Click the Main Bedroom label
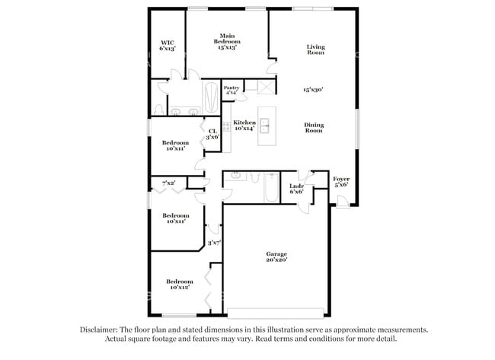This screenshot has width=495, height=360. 227,41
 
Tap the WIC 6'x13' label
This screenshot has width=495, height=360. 168,45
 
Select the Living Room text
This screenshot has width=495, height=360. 315,49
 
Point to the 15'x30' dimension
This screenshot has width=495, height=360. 314,89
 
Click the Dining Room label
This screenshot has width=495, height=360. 314,128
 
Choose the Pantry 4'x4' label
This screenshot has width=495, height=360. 232,90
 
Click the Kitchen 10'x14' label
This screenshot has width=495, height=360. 244,126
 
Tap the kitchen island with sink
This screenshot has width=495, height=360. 267,126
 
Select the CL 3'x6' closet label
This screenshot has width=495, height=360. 214,133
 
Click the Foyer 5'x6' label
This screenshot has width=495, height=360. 341,181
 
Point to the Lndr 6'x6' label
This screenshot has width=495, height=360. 297,189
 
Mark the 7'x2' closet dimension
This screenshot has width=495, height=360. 168,183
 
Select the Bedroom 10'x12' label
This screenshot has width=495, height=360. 178,285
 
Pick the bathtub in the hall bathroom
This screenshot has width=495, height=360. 272,190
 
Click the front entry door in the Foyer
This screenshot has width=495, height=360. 343,202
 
